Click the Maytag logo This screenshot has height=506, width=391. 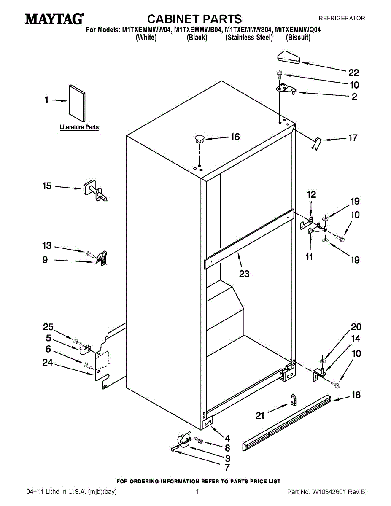(x=54, y=19)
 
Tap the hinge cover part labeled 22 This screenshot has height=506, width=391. (x=289, y=57)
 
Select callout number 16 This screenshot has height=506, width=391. (x=235, y=137)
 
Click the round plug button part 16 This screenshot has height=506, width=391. (x=199, y=138)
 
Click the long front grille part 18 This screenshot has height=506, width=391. (x=286, y=422)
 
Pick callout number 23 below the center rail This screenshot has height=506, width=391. (x=244, y=274)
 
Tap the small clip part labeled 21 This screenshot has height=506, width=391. (x=293, y=399)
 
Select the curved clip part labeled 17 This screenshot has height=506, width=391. (x=316, y=143)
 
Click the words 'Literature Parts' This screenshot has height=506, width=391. (x=79, y=127)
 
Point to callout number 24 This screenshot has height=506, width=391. (x=48, y=362)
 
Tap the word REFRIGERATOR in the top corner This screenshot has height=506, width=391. (x=342, y=19)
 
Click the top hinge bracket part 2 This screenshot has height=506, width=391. (x=285, y=89)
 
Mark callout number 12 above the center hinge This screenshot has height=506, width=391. (x=311, y=195)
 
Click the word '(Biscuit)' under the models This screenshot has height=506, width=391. (x=298, y=38)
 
